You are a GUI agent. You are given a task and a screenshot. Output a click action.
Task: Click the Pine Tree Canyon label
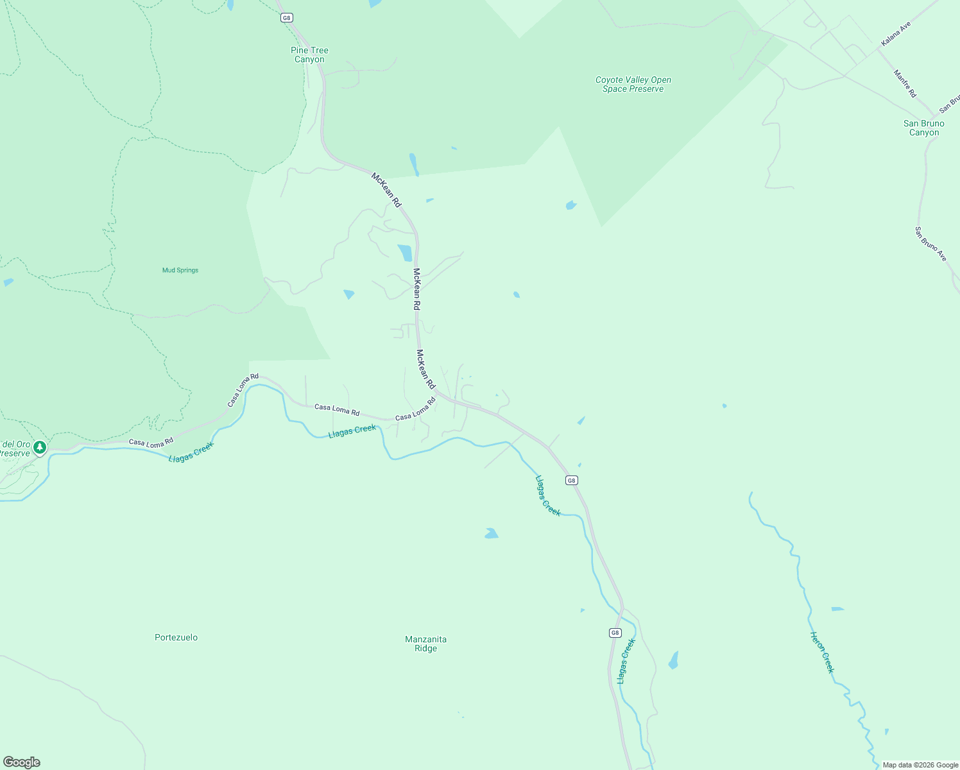[x=309, y=55]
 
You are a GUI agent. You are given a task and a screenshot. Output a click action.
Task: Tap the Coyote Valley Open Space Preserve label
[x=633, y=85]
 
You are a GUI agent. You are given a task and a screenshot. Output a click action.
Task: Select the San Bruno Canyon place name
[x=924, y=128]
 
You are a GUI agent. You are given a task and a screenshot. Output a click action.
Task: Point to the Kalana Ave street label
[x=896, y=34]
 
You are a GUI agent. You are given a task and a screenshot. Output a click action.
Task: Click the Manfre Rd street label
[x=905, y=83]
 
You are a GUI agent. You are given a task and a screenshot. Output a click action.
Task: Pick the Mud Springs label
[x=180, y=270]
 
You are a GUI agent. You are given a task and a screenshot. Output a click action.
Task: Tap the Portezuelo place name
[x=176, y=637]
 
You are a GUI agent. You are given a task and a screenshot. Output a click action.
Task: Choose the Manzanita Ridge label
[x=425, y=644]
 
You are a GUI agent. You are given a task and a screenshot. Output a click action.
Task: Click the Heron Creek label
[x=822, y=653]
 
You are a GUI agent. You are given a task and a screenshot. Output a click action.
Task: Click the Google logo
[x=22, y=762]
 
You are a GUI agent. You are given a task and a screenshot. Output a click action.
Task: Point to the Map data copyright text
[x=920, y=765]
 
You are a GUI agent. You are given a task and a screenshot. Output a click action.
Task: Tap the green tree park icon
[x=40, y=447]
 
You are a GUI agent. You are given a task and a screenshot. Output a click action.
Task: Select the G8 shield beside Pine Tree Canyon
[x=287, y=17]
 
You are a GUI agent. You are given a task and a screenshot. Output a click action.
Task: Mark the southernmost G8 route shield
[x=615, y=633]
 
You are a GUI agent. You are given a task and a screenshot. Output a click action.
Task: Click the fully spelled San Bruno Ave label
[x=930, y=244]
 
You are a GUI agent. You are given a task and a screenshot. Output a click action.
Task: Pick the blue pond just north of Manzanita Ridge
[x=491, y=533]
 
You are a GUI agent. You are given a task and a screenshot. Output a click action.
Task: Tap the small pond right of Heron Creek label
[x=837, y=608]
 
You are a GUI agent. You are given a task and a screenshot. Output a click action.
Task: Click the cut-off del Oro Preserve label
[x=15, y=449]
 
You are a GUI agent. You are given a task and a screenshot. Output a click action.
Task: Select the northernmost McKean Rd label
[x=386, y=190]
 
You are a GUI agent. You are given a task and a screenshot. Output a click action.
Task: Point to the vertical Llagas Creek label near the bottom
[x=626, y=661]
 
